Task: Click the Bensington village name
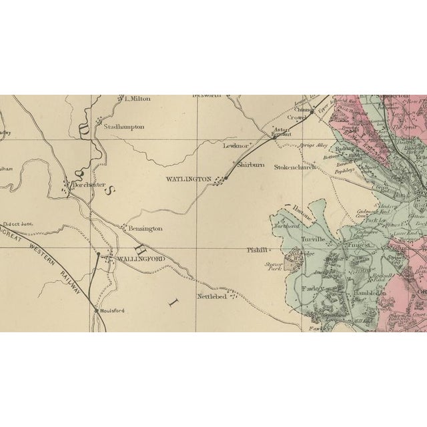145,229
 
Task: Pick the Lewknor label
236,145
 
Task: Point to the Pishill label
257,251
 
